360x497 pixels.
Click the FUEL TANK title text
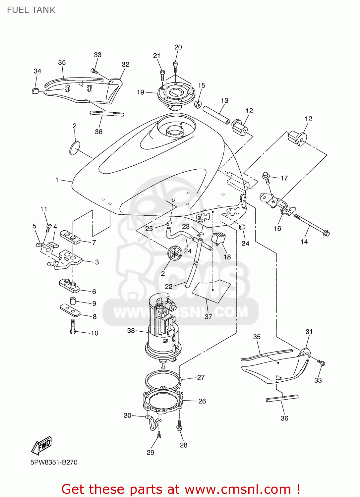31,10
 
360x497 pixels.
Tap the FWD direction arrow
42,446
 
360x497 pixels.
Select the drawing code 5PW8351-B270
54,462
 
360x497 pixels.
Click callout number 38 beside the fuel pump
131,330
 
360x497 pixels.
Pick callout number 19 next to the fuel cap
141,92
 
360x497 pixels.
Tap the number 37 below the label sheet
208,317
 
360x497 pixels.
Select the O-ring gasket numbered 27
162,381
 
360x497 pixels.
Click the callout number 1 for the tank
57,180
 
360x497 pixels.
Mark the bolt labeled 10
73,326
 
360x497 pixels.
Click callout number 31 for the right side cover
309,332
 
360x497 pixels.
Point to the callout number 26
202,401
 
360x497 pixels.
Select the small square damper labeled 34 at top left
35,90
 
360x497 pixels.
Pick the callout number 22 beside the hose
169,287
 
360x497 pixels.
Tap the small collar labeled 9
73,301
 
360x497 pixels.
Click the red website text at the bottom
181,489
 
